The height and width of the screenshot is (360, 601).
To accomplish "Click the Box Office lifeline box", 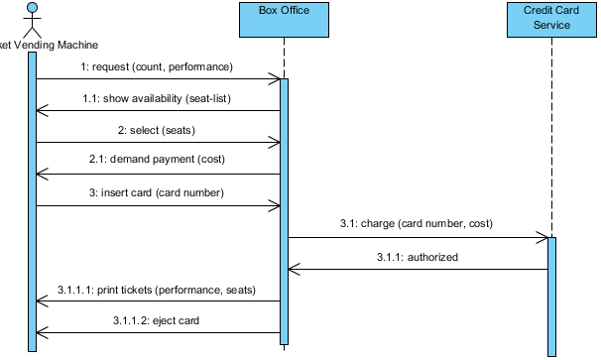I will tap(284, 19).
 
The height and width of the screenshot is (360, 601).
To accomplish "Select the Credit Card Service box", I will tap(551, 19).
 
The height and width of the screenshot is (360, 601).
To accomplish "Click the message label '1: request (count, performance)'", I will tap(157, 66).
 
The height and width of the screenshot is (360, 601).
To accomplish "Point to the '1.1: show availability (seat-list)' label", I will tap(158, 98).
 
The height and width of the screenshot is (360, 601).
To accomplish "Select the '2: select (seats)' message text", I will tap(157, 130).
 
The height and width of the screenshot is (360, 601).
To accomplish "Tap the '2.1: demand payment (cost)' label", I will tap(158, 162).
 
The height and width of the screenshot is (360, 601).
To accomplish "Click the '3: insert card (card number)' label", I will tap(158, 192).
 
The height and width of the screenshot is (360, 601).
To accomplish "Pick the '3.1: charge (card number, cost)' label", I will tap(418, 224).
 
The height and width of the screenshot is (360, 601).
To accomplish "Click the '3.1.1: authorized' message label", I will tap(418, 257).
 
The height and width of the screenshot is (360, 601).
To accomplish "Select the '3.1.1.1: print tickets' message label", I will tap(158, 290).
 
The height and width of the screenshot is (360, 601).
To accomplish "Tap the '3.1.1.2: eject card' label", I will tap(158, 320).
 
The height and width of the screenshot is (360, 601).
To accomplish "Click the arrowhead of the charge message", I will tap(542, 238).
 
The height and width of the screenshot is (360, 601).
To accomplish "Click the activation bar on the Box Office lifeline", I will tap(284, 208).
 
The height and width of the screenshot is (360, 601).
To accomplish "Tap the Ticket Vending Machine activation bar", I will tap(32, 198).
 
